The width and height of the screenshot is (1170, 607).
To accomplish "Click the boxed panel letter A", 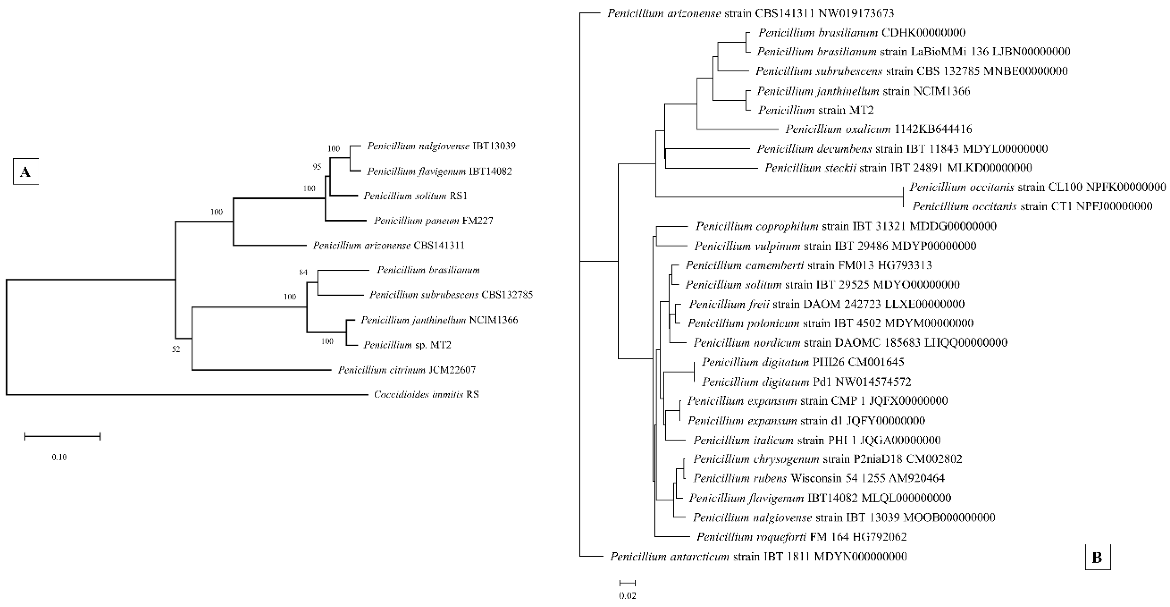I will [26, 172].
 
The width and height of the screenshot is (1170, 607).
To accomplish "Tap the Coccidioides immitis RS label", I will [426, 394].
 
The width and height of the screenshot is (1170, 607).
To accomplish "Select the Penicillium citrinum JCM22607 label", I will [406, 370].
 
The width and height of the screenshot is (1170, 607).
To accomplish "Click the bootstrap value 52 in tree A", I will [176, 349].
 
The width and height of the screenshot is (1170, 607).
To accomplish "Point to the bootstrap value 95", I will [316, 167].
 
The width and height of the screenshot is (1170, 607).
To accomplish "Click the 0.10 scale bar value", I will [59, 457].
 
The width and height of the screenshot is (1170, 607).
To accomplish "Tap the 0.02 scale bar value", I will [628, 596].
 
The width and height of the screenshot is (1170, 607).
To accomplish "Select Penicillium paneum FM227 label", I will [433, 221].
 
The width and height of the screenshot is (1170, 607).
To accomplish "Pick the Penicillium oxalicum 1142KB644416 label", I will [878, 129].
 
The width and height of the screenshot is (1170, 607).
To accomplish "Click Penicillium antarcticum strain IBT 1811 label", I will [758, 557].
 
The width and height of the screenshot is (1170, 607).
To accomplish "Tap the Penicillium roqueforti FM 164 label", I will [801, 537].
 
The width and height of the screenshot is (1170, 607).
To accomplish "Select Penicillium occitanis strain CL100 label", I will [1037, 187].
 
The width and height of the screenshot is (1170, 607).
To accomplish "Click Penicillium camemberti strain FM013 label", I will [808, 265].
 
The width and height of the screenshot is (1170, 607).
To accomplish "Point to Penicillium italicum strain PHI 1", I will [817, 440].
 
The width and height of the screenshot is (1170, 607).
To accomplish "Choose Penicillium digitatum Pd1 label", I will [806, 382].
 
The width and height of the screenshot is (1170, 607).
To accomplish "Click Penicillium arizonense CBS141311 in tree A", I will [388, 246].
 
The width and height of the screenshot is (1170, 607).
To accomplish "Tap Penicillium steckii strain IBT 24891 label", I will [898, 168].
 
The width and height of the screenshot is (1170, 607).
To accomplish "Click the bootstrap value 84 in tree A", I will [303, 272].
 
